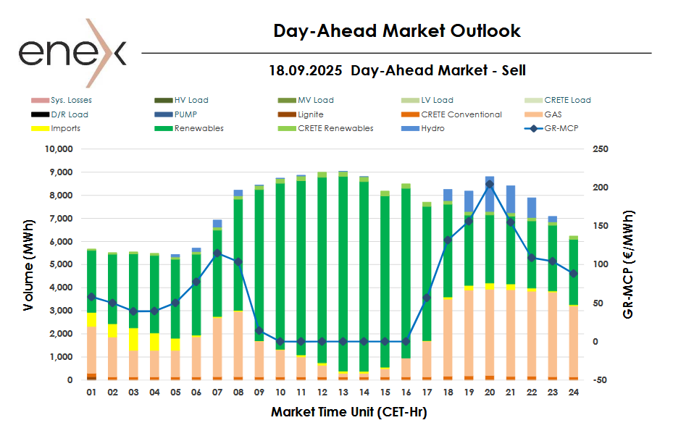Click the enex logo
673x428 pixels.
(72, 51)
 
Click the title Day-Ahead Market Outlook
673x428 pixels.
(397, 31)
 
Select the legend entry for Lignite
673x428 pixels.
(310, 114)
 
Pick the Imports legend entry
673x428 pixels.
(65, 128)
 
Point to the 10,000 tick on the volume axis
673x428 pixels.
(59, 149)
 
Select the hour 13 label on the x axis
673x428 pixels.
(343, 393)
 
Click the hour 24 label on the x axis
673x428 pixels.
(573, 393)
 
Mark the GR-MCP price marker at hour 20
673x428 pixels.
(489, 185)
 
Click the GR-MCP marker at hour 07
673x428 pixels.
(217, 253)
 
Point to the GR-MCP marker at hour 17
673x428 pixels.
(427, 298)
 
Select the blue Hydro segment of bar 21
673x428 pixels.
(511, 199)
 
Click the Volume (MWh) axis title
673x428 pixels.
(28, 264)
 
